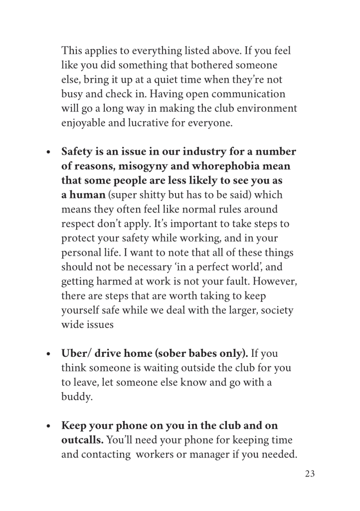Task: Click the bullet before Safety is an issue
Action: coord(48,152)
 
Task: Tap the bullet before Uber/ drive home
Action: coord(48,354)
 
